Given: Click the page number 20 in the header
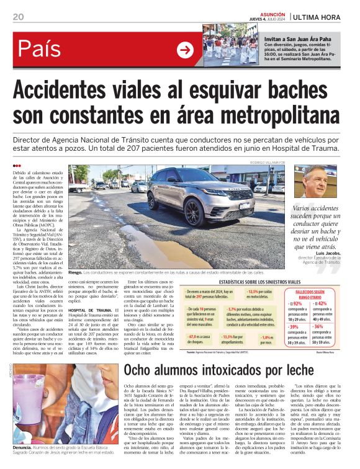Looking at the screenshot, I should (18, 16).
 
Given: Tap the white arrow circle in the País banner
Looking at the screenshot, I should (185, 50).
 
